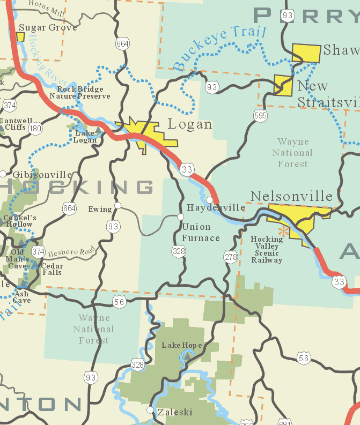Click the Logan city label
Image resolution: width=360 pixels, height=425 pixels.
click(190, 124)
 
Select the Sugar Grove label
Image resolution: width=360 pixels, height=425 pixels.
click(48, 27)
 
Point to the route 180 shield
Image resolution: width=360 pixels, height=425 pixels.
click(36, 128)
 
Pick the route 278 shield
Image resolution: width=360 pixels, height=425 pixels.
click(231, 257)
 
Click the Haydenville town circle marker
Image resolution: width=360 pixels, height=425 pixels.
click(210, 200)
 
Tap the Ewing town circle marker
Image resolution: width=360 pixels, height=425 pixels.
click(118, 205)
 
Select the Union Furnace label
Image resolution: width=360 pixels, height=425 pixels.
click(201, 233)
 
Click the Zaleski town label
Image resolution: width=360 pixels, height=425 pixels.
click(174, 412)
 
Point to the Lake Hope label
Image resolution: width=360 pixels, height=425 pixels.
click(182, 345)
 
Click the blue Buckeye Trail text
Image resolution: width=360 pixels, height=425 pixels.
click(219, 49)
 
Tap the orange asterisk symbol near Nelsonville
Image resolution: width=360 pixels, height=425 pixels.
click(282, 231)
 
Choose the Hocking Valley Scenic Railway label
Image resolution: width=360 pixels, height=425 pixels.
click(267, 250)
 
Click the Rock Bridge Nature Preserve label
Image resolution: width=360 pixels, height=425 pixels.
click(80, 93)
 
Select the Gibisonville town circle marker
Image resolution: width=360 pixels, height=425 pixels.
click(3, 174)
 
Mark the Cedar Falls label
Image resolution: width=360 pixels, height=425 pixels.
click(52, 269)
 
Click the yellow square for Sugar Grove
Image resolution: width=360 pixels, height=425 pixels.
click(20, 37)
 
